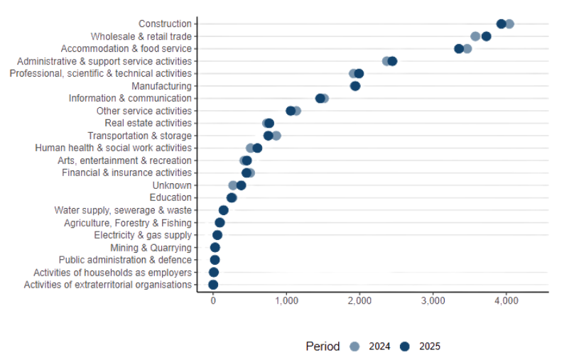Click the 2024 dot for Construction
pos(509,24)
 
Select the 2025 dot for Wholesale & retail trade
pos(486,36)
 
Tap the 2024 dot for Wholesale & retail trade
pos(475,36)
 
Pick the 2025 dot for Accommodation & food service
pos(459,49)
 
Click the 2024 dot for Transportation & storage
pos(276,136)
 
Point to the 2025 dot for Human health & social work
pos(257,148)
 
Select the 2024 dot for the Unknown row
pos(233,185)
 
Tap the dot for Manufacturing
pos(355,86)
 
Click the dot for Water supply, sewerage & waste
pos(223,210)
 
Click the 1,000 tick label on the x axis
pos(286,302)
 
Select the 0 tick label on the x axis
pos(213,302)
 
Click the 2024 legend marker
pos(354,347)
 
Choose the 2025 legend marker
pos(405,347)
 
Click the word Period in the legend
pos(323,347)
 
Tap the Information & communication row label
pos(130,99)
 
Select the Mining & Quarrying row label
pos(151,248)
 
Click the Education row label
pos(170,198)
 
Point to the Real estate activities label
pos(148,124)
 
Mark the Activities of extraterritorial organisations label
pos(108,285)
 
